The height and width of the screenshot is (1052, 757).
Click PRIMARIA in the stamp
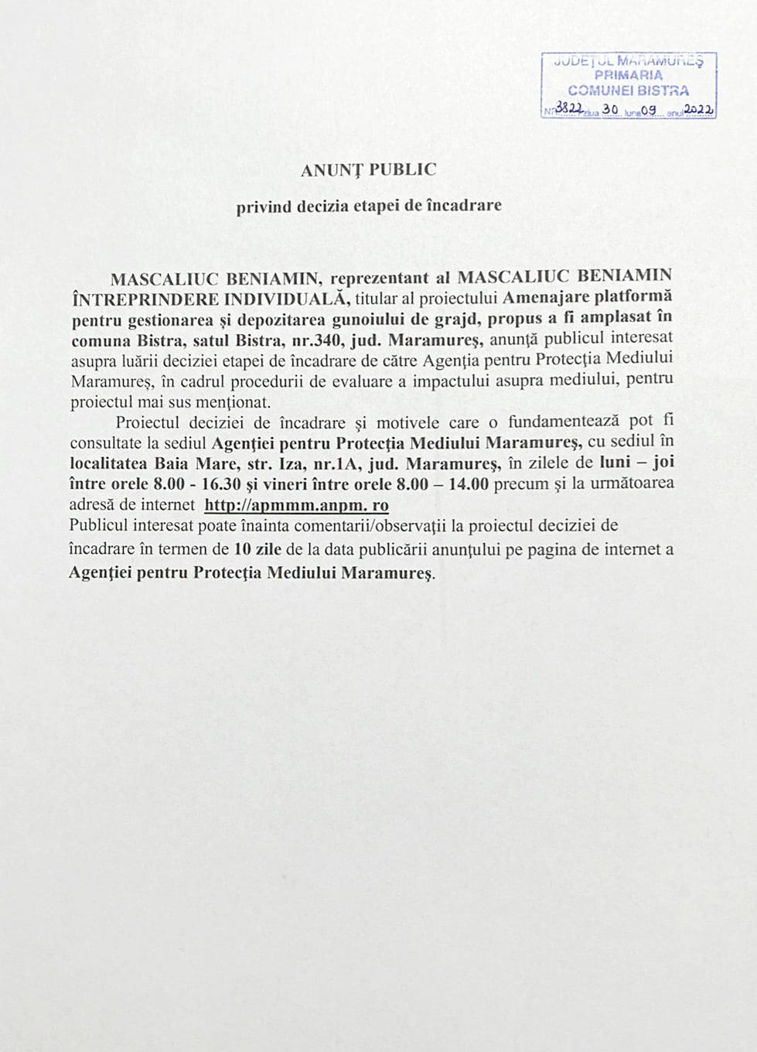(629, 75)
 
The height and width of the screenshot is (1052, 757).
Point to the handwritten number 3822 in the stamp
(570, 110)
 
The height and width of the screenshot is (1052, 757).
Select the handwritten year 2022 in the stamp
(698, 110)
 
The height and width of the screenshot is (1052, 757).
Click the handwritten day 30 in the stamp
(610, 110)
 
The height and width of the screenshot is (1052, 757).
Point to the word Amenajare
(545, 296)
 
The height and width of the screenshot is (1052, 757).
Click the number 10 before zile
(242, 549)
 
